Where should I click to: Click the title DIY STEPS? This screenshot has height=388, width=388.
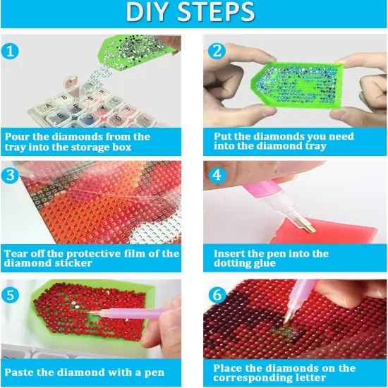(x=190, y=11)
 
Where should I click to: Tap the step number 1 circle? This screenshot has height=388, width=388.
(x=10, y=51)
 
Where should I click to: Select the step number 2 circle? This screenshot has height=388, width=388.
(x=217, y=51)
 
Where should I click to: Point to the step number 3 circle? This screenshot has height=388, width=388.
(x=10, y=175)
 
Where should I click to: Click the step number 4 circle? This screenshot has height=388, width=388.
(x=217, y=175)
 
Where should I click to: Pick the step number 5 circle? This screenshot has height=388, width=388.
(x=10, y=294)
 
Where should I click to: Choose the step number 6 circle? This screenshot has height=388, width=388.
(x=217, y=294)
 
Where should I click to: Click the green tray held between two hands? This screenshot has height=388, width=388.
(x=297, y=85)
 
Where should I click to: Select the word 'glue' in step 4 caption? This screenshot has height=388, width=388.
(x=265, y=263)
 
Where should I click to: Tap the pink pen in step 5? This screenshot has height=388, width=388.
(x=133, y=313)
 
